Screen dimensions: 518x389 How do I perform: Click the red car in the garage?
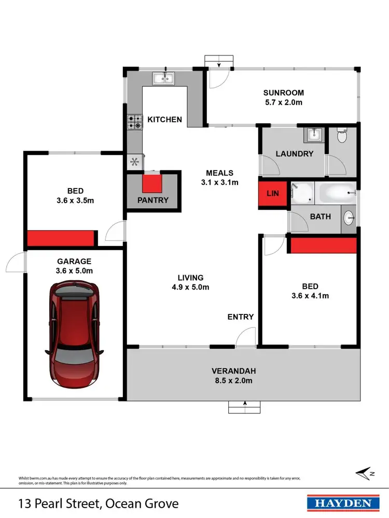[74, 334]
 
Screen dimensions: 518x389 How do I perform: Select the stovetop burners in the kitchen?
[134, 122]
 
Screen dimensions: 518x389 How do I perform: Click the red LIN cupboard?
[273, 193]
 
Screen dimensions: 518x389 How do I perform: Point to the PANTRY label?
[153, 200]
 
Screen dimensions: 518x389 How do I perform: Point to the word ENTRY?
[241, 317]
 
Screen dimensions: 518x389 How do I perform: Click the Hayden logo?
[340, 502]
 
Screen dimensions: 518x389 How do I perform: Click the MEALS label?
[219, 173]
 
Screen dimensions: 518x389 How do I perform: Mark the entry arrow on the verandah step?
[244, 404]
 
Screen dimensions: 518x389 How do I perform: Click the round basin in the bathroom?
[349, 217]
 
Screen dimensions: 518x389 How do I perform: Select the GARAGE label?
[74, 262]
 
